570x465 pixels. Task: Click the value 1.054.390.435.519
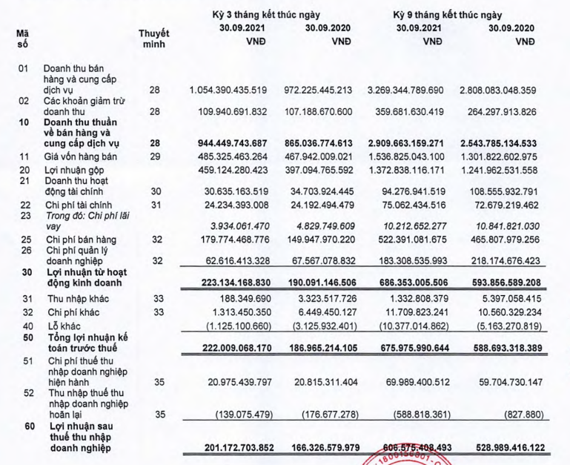[228, 90]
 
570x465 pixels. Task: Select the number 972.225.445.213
[322, 90]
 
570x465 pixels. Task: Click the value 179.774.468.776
[228, 240]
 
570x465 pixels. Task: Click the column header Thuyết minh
[154, 39]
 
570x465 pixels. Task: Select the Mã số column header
[21, 39]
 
